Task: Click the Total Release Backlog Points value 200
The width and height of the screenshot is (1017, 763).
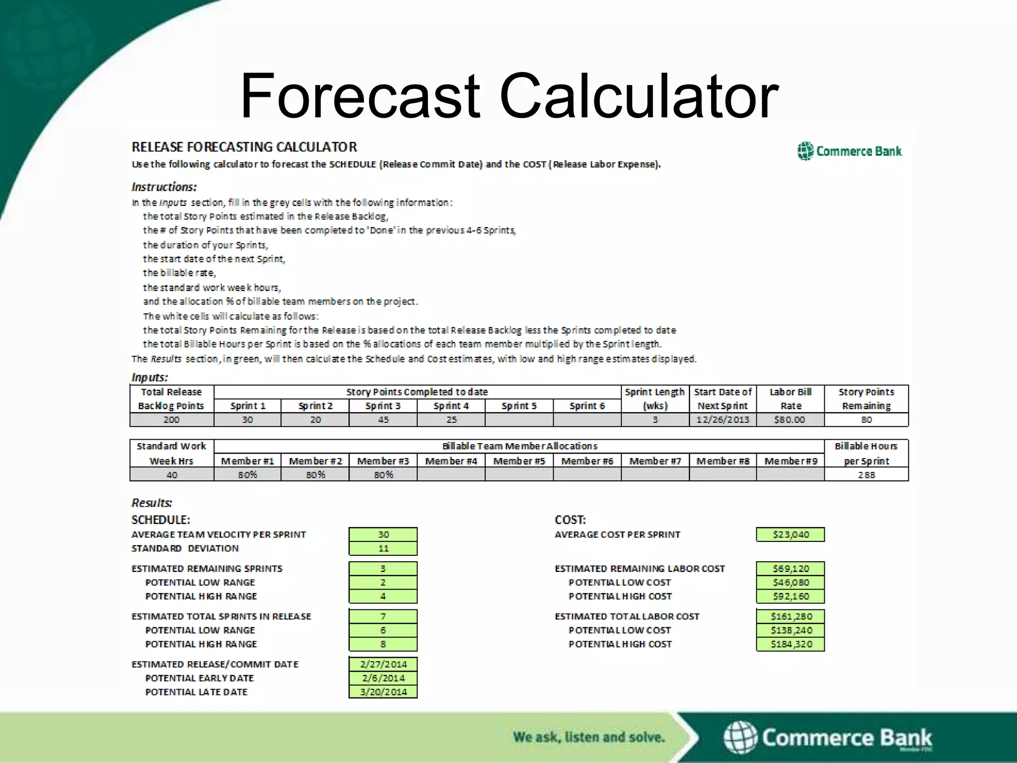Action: pyautogui.click(x=171, y=420)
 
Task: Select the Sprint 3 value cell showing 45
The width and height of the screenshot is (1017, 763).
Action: pyautogui.click(x=383, y=420)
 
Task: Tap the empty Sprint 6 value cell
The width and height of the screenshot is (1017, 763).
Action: pyautogui.click(x=587, y=420)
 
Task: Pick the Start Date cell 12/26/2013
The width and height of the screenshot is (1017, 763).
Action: pyautogui.click(x=723, y=420)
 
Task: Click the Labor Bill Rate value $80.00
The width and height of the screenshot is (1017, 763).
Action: pyautogui.click(x=790, y=420)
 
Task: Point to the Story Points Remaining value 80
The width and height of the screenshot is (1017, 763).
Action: pyautogui.click(x=866, y=420)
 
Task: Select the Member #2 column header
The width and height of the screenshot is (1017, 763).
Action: pyautogui.click(x=315, y=461)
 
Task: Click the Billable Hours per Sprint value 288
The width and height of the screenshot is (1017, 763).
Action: pyautogui.click(x=866, y=475)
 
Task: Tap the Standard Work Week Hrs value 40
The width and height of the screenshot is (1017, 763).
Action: pyautogui.click(x=171, y=475)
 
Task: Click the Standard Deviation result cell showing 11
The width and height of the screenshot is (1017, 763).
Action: pyautogui.click(x=383, y=548)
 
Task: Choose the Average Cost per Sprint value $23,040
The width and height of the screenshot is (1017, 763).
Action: pyautogui.click(x=791, y=534)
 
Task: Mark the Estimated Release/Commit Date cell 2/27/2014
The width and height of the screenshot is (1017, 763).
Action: pyautogui.click(x=383, y=664)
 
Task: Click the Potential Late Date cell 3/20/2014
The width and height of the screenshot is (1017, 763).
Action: pyautogui.click(x=383, y=692)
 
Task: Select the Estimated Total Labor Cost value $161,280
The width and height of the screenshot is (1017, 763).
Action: pyautogui.click(x=791, y=616)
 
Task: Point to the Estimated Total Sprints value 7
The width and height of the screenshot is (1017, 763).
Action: pyautogui.click(x=383, y=616)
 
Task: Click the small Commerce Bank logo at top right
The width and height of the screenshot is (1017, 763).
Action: pyautogui.click(x=850, y=151)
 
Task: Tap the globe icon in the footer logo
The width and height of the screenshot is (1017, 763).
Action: pyautogui.click(x=740, y=737)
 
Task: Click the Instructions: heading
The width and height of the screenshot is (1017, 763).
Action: pyautogui.click(x=164, y=187)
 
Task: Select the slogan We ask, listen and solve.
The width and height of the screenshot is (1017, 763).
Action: pyautogui.click(x=588, y=737)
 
